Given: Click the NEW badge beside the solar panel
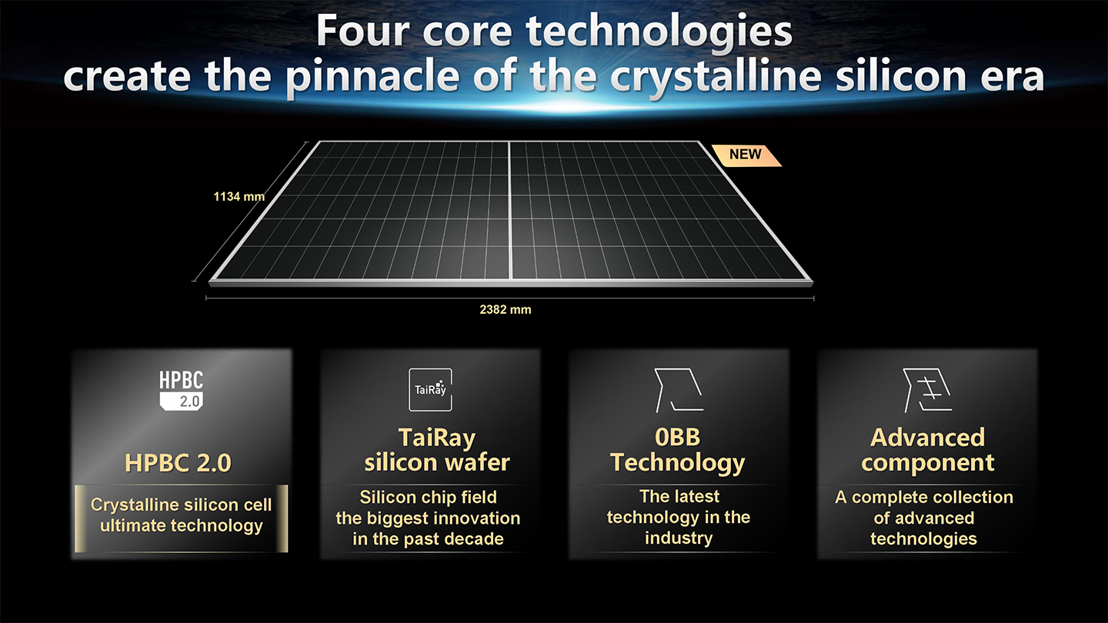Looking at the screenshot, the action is point(746,155).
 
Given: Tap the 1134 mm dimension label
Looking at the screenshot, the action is point(239,197).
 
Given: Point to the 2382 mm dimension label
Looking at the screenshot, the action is point(505,309).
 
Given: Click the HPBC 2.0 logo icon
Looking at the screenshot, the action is point(181,391).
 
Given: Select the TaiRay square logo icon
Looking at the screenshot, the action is point(430,390).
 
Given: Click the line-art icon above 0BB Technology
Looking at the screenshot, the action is point(679,390).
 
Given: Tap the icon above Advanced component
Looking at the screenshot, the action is point(927,390).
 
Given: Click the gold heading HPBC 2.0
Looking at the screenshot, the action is point(178,463).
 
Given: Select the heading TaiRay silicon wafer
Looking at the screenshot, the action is point(437,450).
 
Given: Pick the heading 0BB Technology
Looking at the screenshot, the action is point(678,451).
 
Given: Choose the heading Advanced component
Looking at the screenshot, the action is point(927,451).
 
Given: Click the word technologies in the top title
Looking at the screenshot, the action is point(659,31).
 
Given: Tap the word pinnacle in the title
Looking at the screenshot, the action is point(373,77).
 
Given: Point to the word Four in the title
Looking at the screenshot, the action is point(363,31).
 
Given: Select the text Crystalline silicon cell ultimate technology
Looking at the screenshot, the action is point(181,515).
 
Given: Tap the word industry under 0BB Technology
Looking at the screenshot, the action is point(679,538).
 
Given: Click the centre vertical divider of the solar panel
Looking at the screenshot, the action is point(509,211).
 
